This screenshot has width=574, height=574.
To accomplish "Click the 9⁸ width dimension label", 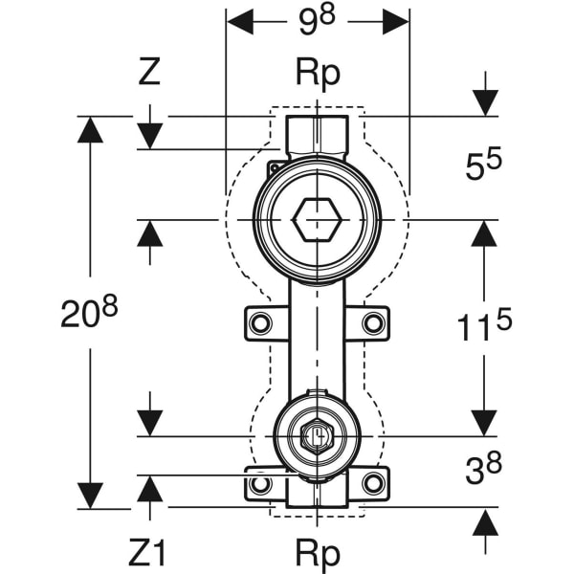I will click(317, 21).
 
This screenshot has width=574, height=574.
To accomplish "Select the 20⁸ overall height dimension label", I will click(89, 313).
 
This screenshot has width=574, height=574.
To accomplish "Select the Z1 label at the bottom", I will click(148, 552).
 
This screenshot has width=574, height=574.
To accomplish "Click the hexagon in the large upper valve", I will click(316, 220).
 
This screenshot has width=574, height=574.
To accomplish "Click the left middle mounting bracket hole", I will click(259, 323).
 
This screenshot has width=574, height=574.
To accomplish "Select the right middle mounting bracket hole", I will click(373, 323).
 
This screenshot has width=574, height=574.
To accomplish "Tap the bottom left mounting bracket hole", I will click(259, 484).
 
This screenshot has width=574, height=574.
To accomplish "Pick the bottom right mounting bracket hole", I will click(373, 484).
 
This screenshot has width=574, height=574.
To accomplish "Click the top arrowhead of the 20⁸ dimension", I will click(89, 129).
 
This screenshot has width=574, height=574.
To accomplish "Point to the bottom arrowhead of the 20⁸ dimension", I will click(89, 496).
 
